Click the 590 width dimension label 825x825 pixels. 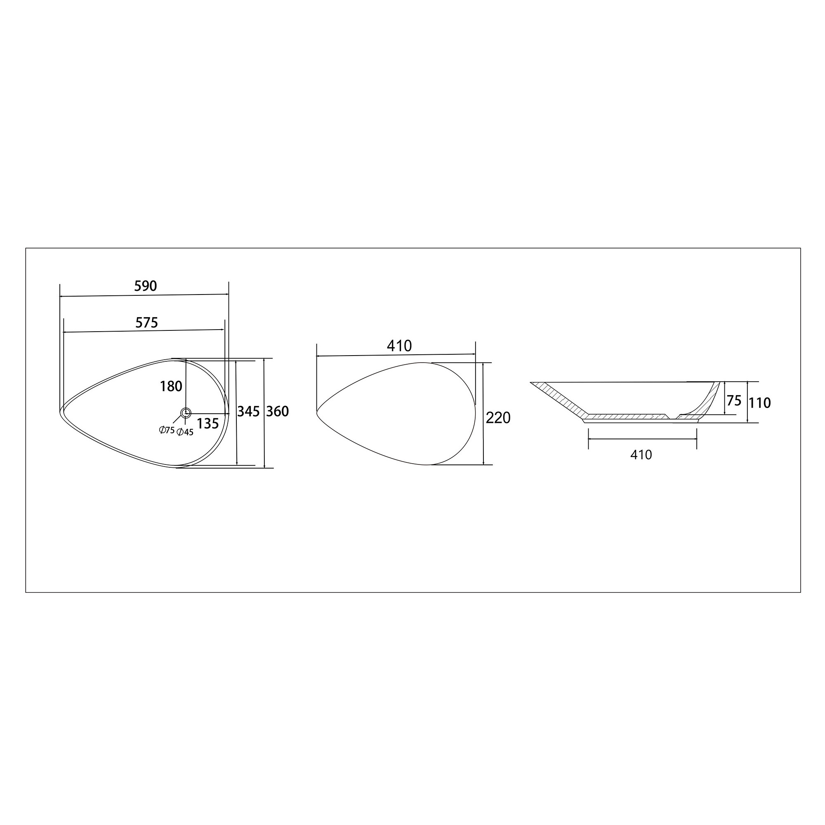[146, 286]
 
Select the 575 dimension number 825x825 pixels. [146, 323]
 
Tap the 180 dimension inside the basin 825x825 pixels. [171, 387]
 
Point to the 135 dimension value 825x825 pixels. [208, 424]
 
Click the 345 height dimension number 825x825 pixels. [248, 411]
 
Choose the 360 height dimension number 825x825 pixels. [278, 411]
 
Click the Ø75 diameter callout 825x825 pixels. [167, 430]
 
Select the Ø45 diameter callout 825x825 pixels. [185, 432]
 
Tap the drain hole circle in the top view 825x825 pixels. [186, 412]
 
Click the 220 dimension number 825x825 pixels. [498, 417]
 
